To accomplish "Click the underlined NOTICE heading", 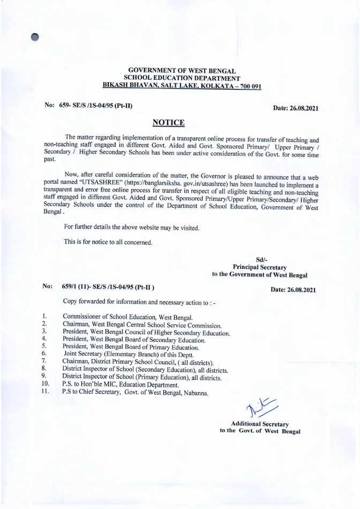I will (169, 123).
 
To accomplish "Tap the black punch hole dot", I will (35, 36).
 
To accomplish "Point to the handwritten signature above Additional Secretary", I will (262, 411).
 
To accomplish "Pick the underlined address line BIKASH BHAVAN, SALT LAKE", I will (182, 86).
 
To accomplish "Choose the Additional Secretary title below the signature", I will (260, 424).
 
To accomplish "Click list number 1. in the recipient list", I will (45, 317).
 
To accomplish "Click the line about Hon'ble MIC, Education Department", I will (121, 385).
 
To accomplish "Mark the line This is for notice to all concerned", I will (108, 242).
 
